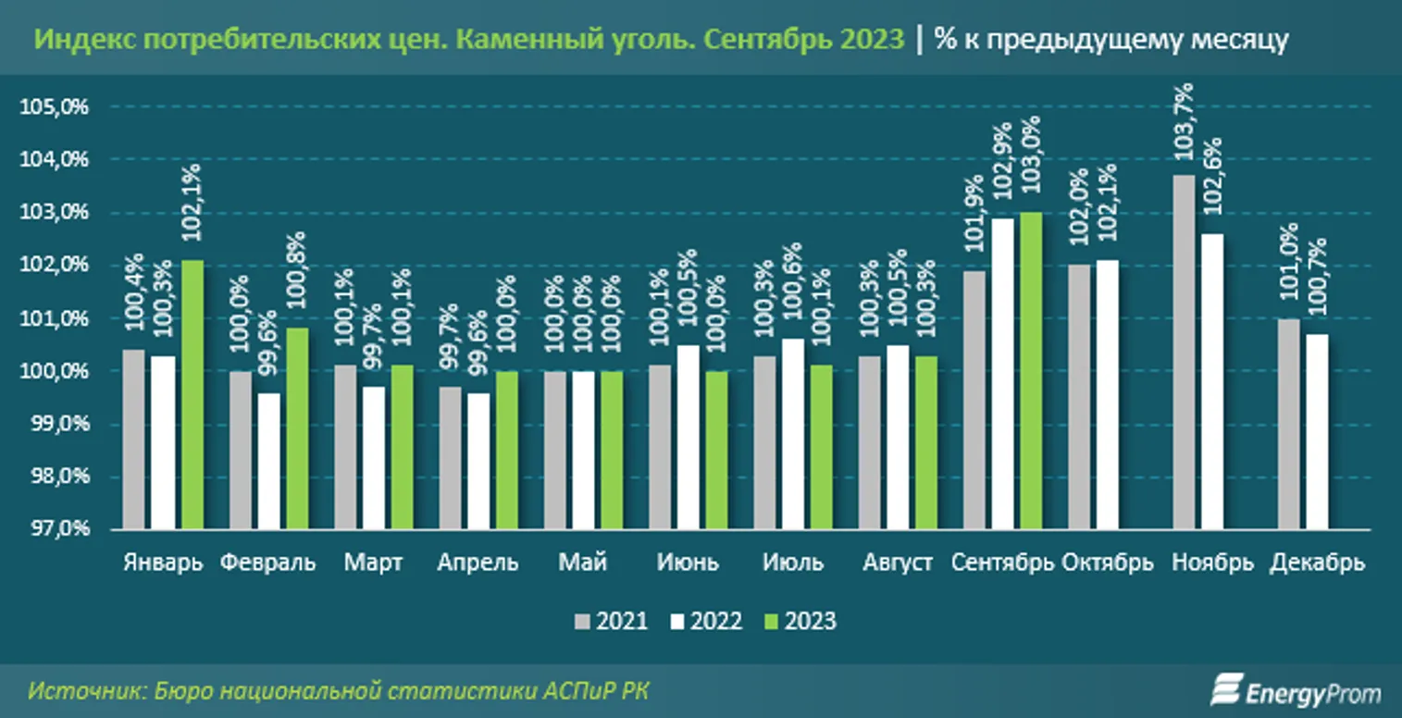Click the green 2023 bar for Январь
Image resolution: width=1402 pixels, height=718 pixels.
coord(192,395)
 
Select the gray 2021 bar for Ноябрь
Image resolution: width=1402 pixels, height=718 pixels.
coord(1184,353)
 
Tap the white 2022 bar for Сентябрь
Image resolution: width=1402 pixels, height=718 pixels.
coord(1002,374)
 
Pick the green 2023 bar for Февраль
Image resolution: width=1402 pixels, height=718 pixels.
coord(296,429)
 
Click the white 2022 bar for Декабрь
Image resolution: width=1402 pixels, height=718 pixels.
coord(1318,432)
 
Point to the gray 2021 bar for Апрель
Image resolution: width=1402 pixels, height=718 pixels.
coord(450,458)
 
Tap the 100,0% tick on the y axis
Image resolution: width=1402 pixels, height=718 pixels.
coord(55,372)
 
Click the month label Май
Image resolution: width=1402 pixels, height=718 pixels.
coord(583,563)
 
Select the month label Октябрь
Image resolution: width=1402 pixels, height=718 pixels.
coord(1108,563)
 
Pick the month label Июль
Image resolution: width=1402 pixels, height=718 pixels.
coord(792,563)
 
